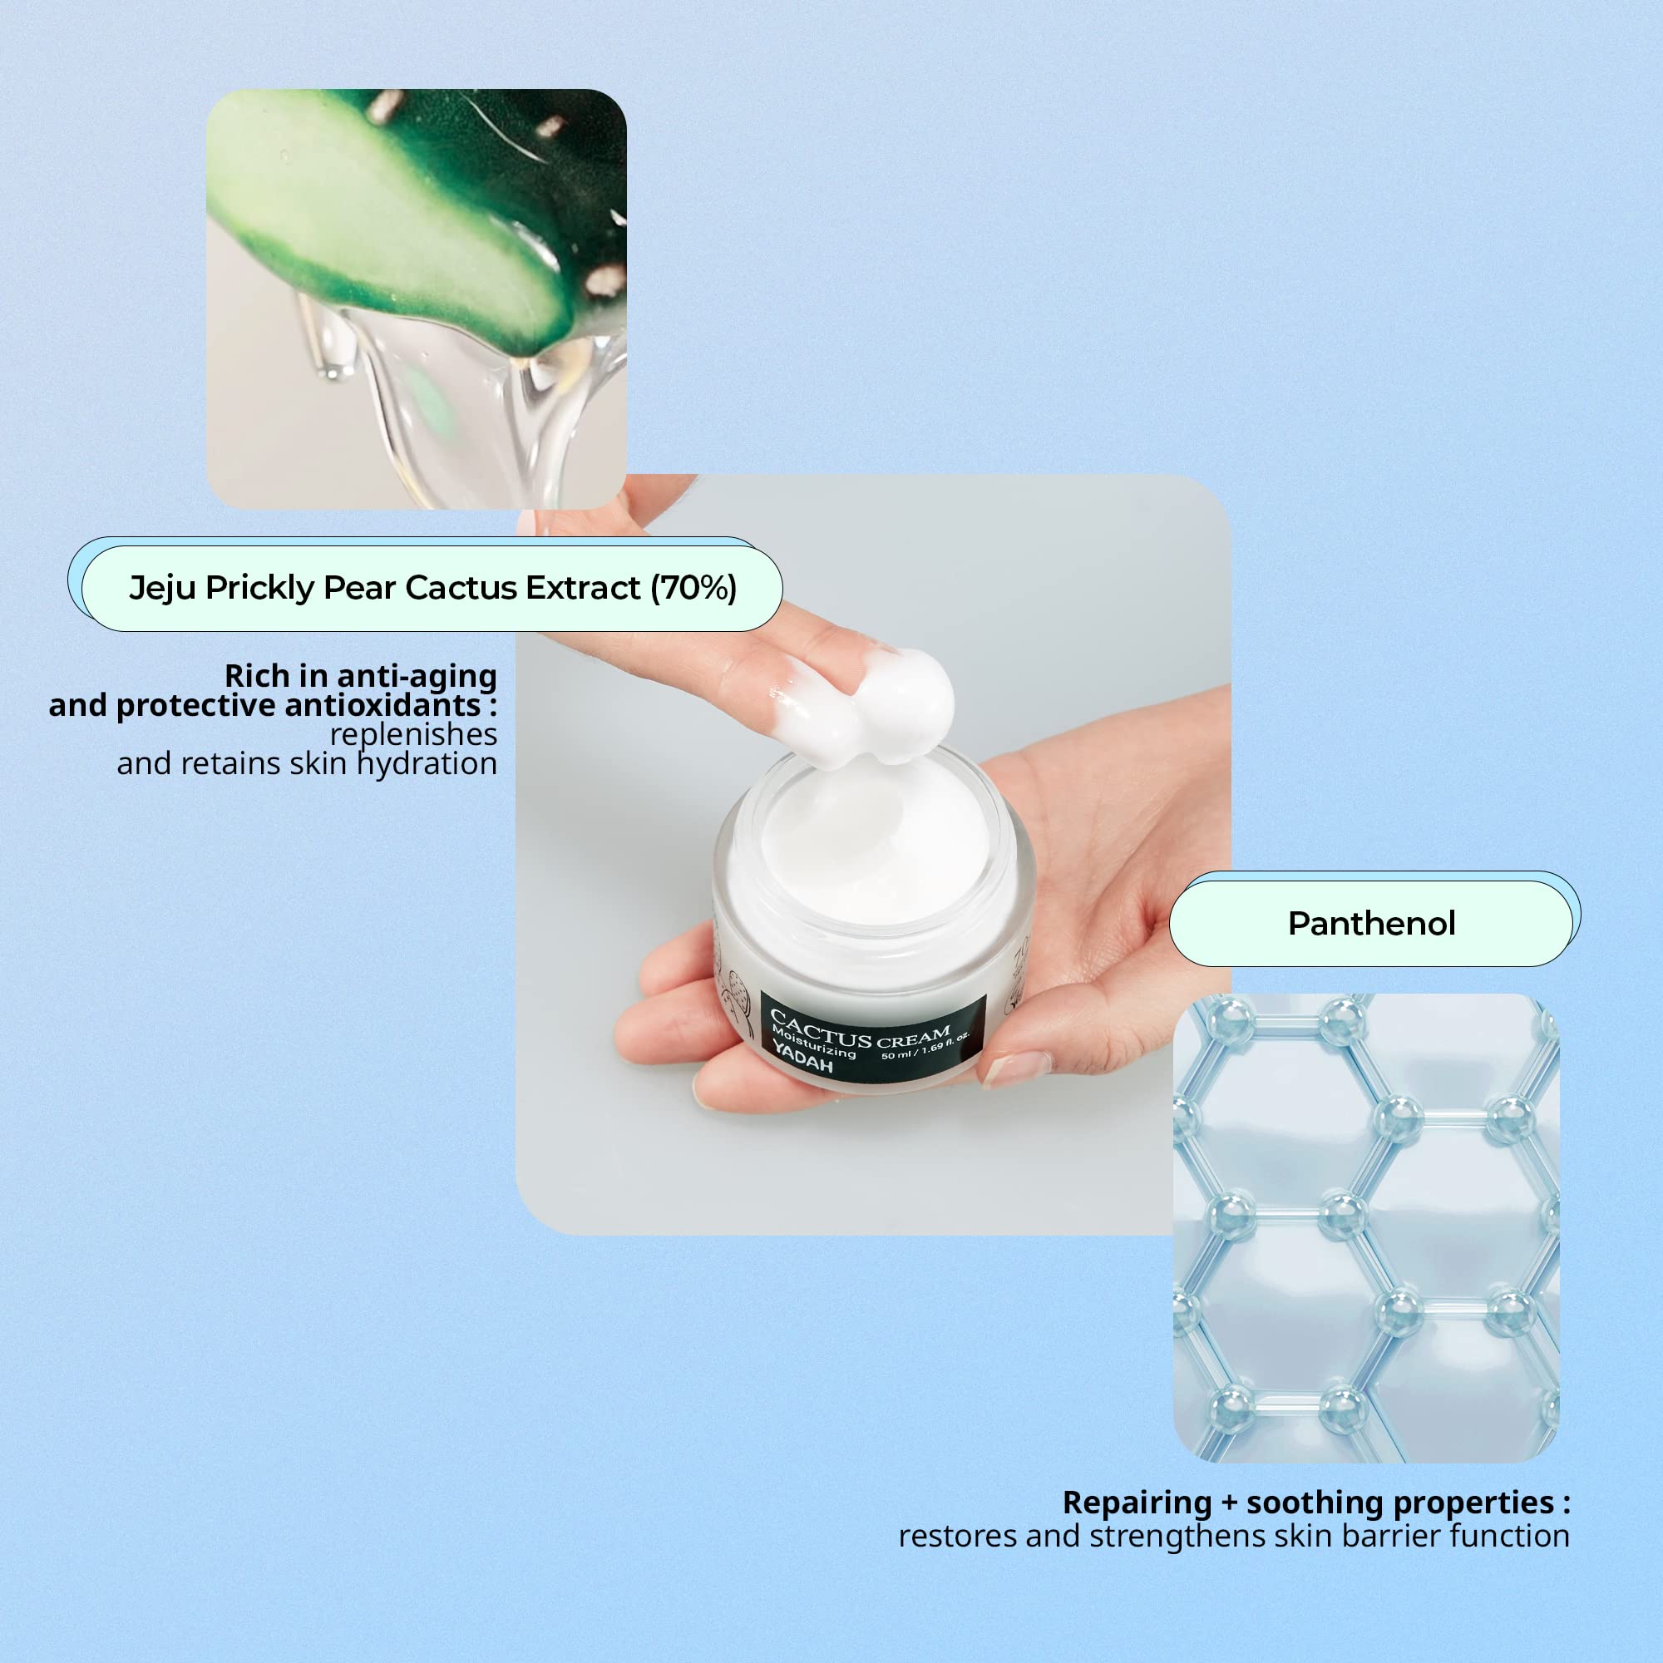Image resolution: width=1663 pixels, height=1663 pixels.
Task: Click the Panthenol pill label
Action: [x=1372, y=924]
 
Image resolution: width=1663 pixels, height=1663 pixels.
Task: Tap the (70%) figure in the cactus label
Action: [x=693, y=588]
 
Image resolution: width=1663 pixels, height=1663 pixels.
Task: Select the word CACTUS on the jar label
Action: [x=821, y=1029]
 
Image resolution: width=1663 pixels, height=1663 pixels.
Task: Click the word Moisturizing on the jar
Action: [x=813, y=1043]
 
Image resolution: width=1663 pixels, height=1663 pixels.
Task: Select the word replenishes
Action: [x=413, y=734]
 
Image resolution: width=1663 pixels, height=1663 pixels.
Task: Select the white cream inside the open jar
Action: [x=874, y=843]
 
